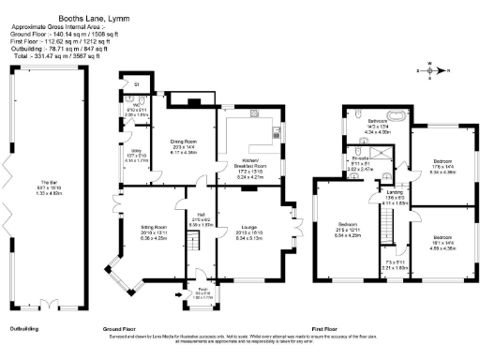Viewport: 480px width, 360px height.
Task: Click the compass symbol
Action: [x=431, y=68]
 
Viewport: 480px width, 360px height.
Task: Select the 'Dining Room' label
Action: [x=183, y=143]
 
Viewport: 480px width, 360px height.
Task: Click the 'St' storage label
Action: [x=137, y=85]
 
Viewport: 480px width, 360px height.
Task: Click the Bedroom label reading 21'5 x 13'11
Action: [x=350, y=227]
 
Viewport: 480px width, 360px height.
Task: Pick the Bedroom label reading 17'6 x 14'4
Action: [x=442, y=167]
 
